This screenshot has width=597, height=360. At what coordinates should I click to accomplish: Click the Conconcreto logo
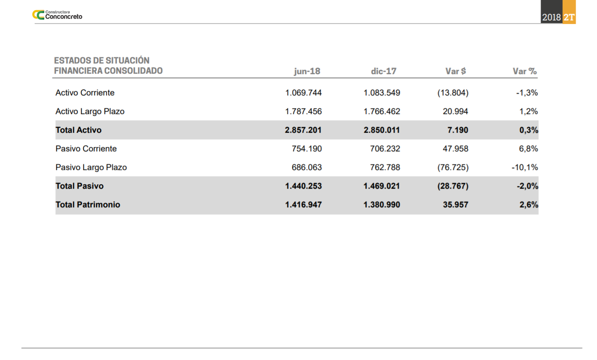coord(57,15)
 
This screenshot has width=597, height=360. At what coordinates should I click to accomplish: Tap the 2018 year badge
coord(551,18)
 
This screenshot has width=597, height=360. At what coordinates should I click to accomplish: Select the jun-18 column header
coord(307,71)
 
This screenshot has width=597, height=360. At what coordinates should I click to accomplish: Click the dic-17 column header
coord(384,71)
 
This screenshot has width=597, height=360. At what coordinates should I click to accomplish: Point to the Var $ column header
coord(455,71)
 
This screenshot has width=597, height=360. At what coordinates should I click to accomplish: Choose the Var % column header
coord(525,71)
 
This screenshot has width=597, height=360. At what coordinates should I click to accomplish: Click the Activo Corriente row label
coord(85,93)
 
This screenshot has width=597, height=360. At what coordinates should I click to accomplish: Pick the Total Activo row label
coord(79,130)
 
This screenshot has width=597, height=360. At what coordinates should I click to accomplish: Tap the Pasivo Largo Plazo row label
coord(91,167)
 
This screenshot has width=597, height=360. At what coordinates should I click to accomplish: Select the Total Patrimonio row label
coord(88,205)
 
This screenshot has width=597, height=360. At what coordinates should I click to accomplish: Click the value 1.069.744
coord(303,93)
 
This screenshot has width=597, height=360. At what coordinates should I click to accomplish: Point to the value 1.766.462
coord(382,111)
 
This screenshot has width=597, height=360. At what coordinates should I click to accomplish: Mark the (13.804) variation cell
coord(453,93)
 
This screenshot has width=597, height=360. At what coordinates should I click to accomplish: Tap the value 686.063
coord(307,167)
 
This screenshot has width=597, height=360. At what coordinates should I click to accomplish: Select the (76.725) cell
coord(453,167)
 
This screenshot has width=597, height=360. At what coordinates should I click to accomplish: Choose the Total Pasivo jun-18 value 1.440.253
coord(303,186)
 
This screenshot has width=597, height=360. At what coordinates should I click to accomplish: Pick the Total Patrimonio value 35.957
coord(455,205)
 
